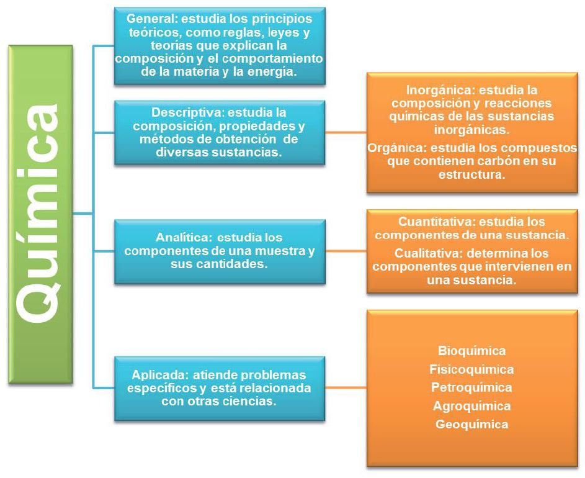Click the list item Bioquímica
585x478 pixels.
[x=472, y=351]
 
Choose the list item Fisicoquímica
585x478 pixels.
[x=471, y=369]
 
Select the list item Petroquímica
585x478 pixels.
[x=471, y=387]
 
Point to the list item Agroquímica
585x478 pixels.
[x=471, y=406]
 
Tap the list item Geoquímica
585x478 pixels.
[x=471, y=424]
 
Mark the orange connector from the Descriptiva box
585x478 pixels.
[x=346, y=132]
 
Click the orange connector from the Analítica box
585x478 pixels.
[x=346, y=251]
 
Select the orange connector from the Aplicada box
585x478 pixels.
[x=346, y=387]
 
